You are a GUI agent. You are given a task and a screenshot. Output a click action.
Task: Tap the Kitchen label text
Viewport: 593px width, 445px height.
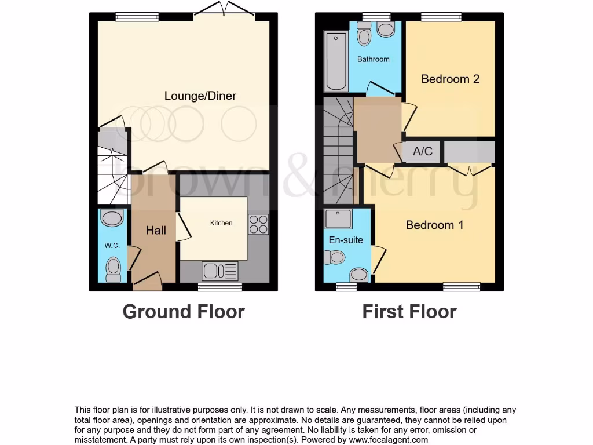[221, 223]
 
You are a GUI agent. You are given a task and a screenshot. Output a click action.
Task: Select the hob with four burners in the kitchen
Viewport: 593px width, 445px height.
[258, 224]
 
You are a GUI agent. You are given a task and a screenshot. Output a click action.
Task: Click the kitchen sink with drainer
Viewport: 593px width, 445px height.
[220, 271]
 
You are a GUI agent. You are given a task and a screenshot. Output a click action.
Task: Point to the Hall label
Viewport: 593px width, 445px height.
[156, 231]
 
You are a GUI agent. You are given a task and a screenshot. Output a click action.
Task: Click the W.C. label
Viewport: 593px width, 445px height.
[112, 246]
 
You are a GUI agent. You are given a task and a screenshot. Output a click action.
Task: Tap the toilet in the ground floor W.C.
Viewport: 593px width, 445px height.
[114, 269]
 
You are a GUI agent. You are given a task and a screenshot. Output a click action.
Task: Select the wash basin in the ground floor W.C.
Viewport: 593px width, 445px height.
[111, 218]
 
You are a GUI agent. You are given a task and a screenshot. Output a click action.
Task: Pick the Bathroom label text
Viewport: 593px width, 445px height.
[373, 59]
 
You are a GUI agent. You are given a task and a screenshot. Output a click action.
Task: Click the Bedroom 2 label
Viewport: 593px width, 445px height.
[450, 79]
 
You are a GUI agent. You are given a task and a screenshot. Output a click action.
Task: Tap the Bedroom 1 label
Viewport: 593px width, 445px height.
[434, 225]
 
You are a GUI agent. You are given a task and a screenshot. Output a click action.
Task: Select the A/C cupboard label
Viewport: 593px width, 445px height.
[422, 152]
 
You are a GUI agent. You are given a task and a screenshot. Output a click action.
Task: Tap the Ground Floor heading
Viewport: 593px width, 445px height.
[184, 312]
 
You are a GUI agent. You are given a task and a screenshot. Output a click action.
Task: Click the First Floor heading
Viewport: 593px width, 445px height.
[409, 312]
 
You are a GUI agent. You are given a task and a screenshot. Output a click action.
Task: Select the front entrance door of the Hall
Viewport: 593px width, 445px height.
[147, 283]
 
